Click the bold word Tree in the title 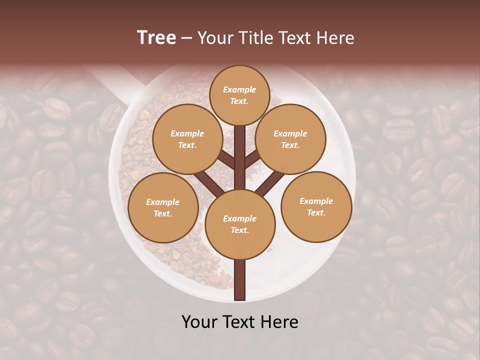(156, 38)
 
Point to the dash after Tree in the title (187, 38)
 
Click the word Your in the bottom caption (199, 322)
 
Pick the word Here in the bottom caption (280, 322)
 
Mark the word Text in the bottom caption (239, 322)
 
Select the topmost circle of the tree (239, 95)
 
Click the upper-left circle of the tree (187, 139)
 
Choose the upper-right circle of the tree (290, 139)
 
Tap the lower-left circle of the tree (163, 207)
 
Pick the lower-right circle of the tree (316, 206)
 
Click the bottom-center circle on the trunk (240, 224)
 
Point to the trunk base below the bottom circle (240, 280)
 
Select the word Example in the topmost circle (239, 89)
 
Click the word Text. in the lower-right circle (316, 212)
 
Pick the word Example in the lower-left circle (162, 202)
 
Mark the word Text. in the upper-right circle (290, 145)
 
